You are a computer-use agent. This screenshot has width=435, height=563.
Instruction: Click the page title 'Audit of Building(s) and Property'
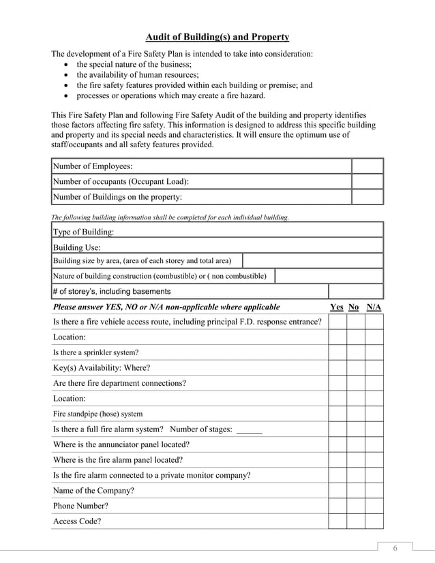pos(218,37)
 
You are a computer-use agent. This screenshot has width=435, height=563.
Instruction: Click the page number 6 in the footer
pos(394,549)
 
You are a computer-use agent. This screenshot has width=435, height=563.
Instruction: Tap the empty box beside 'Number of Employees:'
pos(367,166)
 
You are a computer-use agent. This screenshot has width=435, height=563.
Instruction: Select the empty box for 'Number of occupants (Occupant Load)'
pos(367,182)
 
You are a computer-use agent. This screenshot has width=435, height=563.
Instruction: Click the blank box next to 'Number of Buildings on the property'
pos(367,198)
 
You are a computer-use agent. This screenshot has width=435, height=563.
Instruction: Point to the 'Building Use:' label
pos(76,247)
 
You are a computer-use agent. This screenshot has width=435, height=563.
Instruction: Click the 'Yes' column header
pos(337,307)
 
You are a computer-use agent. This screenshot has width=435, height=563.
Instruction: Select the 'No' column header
pos(354,307)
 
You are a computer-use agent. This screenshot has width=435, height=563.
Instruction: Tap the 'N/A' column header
pos(374,307)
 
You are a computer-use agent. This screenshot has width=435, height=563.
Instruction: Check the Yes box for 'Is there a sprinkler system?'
pos(337,352)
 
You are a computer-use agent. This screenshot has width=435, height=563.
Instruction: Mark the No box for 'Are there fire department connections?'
pos(356,383)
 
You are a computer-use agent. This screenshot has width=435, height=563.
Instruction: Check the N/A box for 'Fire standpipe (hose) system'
pos(374,414)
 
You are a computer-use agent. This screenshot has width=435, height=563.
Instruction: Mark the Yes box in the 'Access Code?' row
pos(337,521)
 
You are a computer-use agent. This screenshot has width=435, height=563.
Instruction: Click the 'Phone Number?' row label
pos(80,506)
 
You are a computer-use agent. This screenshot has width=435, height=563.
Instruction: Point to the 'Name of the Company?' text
pos(93,491)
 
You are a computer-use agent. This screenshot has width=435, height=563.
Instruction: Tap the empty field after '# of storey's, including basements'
pos(355,292)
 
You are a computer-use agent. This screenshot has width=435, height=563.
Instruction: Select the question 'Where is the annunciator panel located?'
pos(121,444)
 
